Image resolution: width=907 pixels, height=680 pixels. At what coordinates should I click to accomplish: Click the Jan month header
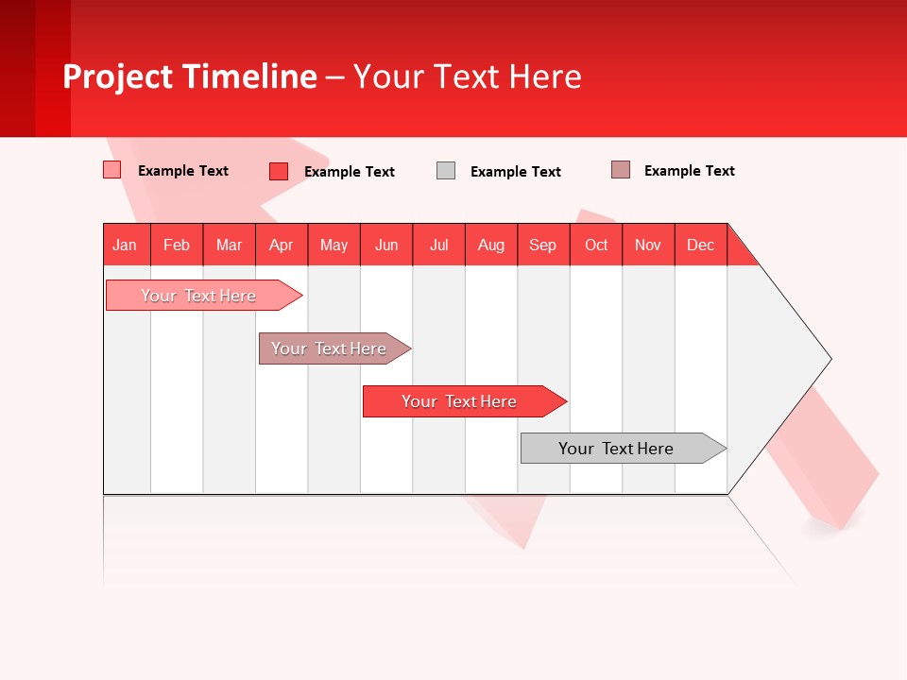point(126,245)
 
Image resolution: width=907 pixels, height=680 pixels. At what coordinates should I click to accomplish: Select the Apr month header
point(282,245)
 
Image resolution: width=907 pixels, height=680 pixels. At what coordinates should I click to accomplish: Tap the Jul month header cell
point(438,245)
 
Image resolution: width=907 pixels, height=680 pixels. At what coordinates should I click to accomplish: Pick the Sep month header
point(543,245)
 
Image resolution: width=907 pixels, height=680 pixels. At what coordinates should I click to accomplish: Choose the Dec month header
point(700,245)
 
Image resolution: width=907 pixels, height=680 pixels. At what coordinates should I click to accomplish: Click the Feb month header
point(177,245)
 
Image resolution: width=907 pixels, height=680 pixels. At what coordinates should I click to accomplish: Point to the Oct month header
point(596,245)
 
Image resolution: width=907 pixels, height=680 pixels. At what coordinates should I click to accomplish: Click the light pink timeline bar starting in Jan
point(198,296)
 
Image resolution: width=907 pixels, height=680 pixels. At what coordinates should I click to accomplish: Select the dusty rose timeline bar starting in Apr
point(329,348)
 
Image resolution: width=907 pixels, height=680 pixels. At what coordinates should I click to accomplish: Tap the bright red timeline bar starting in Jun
point(459,401)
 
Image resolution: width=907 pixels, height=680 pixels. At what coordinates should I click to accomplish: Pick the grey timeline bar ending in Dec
point(616,449)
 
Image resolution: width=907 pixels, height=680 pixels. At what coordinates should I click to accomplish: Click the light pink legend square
point(111,170)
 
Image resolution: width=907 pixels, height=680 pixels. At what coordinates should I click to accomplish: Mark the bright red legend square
point(278,171)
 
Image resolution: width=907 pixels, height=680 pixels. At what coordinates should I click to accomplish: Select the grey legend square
point(446,171)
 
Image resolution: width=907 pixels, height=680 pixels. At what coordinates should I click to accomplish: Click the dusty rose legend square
point(620,170)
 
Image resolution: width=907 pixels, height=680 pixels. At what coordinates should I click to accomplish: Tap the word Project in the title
point(118,76)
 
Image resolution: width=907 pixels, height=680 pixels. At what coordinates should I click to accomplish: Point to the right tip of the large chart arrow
point(829,359)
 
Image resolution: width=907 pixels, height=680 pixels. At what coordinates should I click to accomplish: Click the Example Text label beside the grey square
point(515,172)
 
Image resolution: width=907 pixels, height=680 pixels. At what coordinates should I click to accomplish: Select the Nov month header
point(648,245)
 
